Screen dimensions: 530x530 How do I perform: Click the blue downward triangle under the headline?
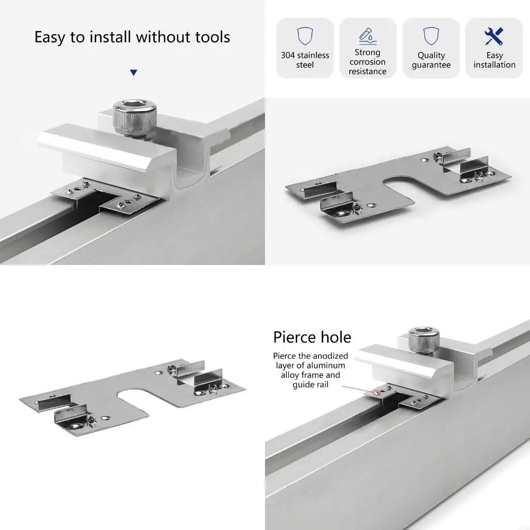[134, 72]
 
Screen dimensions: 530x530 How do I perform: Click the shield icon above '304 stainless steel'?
[305, 36]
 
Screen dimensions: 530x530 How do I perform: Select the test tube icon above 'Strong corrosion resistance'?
[368, 36]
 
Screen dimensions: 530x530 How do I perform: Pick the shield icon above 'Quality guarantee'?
[431, 36]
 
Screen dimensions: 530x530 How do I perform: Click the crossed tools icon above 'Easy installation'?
[494, 36]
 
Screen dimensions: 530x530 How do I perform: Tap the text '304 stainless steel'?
[305, 60]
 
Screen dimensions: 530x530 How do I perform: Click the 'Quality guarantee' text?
[431, 60]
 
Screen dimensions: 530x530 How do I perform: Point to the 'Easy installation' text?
[494, 60]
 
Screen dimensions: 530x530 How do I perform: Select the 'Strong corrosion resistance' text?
[367, 62]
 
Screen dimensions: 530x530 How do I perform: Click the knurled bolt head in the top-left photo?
[134, 117]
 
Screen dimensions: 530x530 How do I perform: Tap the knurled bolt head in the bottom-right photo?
[423, 341]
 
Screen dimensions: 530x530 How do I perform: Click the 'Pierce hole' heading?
[312, 337]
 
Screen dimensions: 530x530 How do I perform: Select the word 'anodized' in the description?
[331, 356]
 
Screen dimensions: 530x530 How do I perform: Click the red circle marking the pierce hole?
[377, 393]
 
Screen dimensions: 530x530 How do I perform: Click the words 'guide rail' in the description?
[311, 385]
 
